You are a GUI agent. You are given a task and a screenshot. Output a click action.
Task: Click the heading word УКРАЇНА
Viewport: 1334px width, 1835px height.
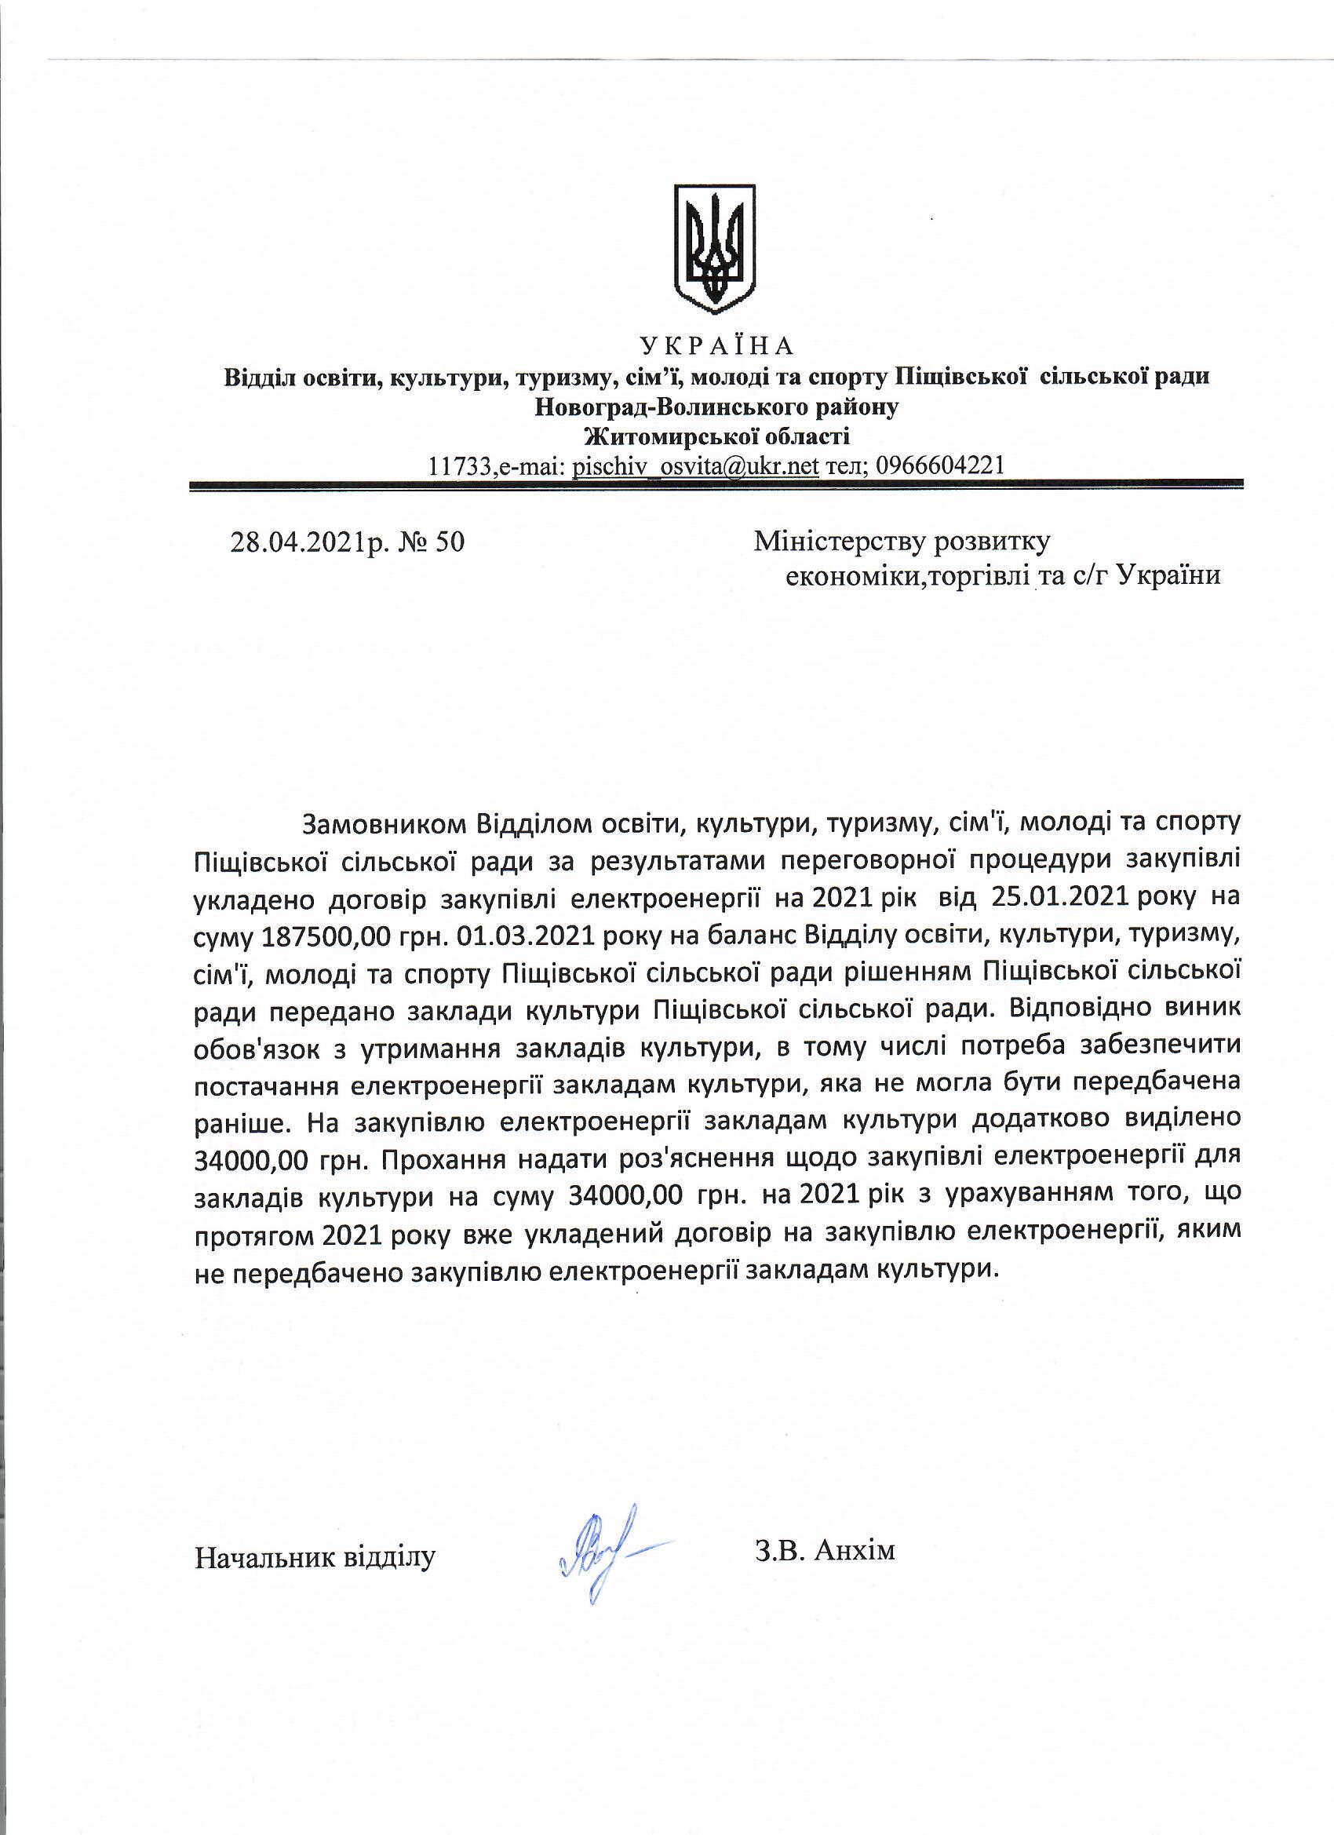click(x=716, y=346)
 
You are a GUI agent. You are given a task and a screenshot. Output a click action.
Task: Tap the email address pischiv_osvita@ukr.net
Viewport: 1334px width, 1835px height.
click(x=696, y=466)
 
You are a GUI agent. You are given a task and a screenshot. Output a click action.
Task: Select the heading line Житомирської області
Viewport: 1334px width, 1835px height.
click(x=716, y=437)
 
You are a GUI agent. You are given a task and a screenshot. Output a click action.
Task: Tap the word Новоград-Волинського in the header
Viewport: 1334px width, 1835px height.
click(x=669, y=407)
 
